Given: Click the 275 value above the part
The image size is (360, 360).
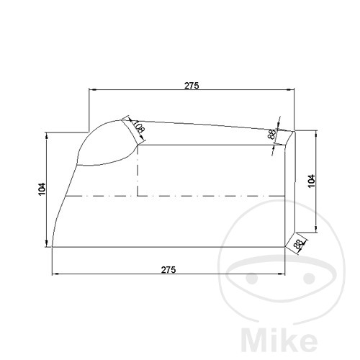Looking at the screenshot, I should tap(191, 85).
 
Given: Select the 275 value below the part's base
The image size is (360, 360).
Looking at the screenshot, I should tap(168, 269).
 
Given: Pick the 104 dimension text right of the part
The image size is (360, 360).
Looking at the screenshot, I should tap(310, 181).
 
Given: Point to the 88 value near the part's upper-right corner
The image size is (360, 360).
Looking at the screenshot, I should tap(271, 135).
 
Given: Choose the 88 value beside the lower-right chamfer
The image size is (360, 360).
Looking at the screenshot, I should tap(298, 244).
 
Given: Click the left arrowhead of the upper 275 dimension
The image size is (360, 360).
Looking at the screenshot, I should tap(91, 90).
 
